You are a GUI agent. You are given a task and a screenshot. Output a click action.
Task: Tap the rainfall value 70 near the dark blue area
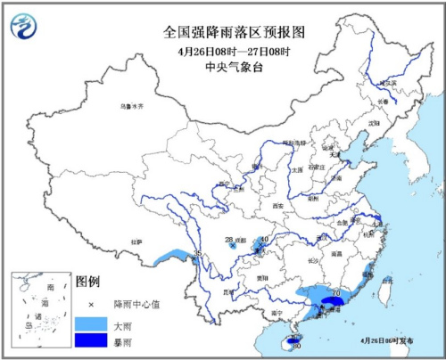coord(334,292)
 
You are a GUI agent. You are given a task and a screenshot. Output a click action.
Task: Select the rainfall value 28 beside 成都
coord(229,239)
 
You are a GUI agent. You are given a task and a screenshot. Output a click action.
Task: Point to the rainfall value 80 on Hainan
coord(296,345)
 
